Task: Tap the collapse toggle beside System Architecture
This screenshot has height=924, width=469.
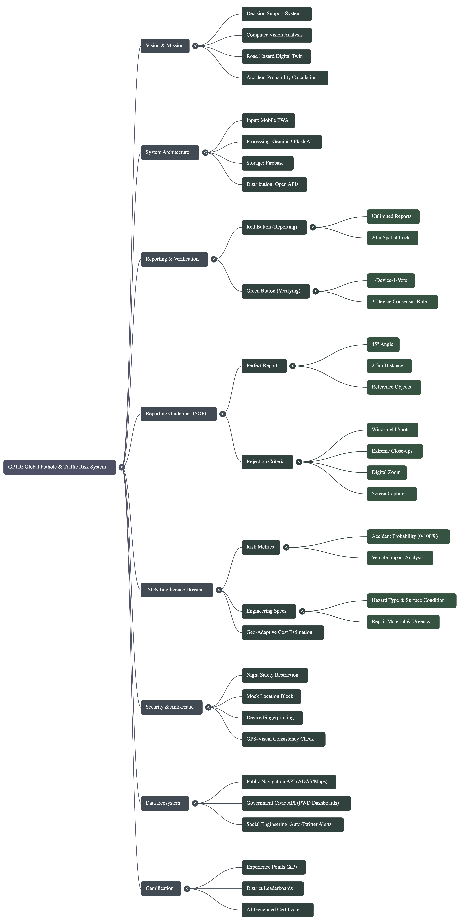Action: point(205,152)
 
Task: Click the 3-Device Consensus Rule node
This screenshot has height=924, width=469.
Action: point(402,302)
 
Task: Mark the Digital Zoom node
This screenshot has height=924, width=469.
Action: point(387,472)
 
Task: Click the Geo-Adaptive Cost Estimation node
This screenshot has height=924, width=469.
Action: point(283,632)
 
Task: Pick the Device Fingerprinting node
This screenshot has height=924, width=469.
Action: point(272,718)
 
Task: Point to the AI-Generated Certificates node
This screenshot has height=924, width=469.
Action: point(277,910)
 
